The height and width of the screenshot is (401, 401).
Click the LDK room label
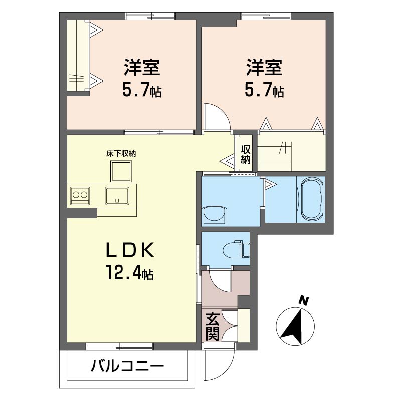(130, 249)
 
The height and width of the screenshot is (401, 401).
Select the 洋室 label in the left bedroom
(142, 68)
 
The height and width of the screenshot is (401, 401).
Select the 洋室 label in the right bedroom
(264, 68)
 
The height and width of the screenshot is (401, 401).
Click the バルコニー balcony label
(127, 366)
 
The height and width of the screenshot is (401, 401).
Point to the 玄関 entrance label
(212, 327)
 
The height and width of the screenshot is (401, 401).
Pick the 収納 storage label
(245, 154)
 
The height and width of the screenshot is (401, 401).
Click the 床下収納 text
(121, 154)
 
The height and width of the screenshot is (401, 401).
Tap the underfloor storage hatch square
(121, 171)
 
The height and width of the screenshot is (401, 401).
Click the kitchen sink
(117, 196)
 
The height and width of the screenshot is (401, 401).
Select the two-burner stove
(80, 195)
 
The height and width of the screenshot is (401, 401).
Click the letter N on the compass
(304, 301)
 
